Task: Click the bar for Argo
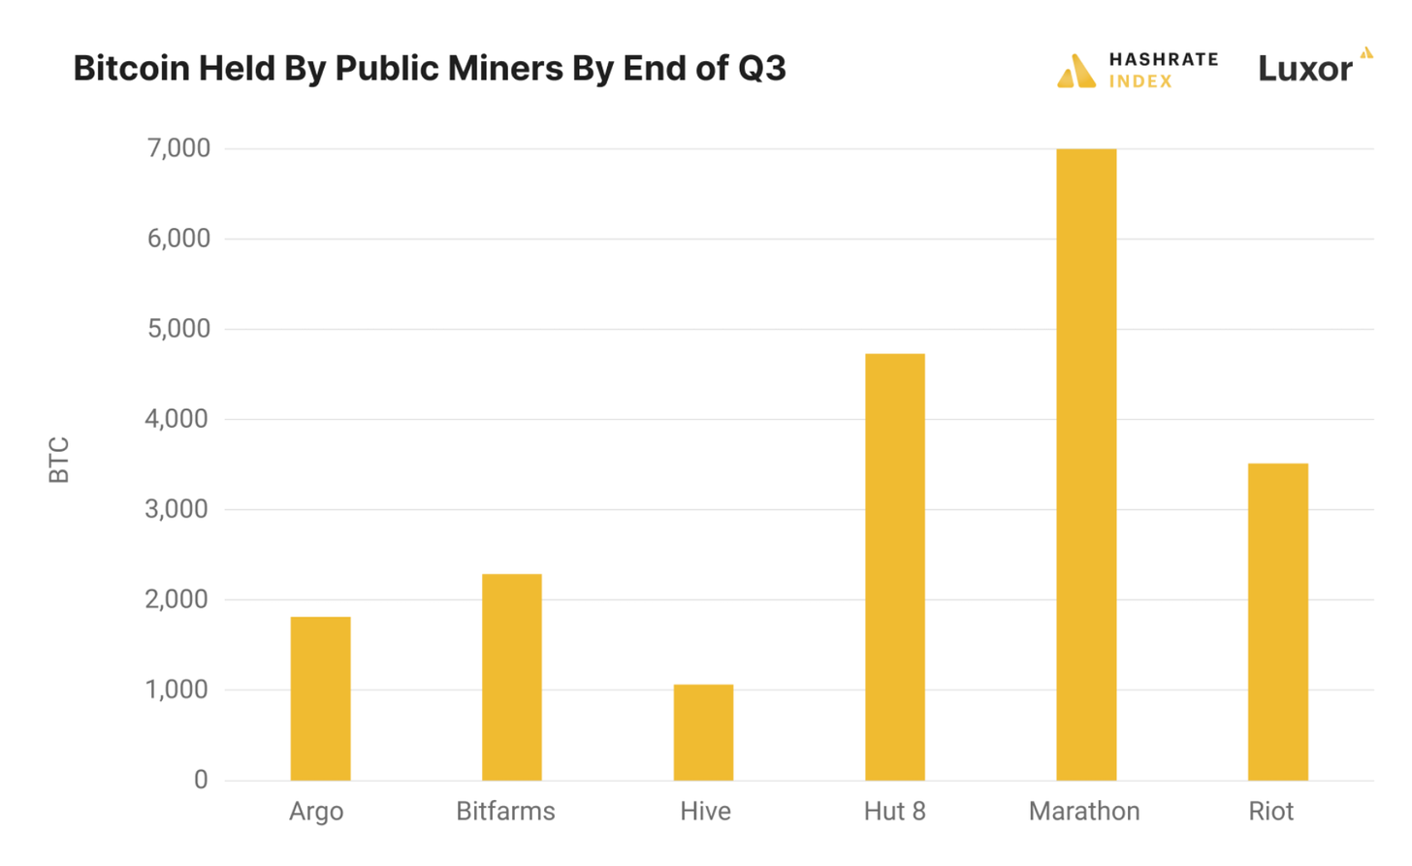pos(320,698)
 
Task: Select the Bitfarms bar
pos(511,677)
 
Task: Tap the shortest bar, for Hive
pos(703,732)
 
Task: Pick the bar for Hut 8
pos(894,567)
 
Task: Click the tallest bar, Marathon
pos(1086,465)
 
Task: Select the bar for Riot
pos(1277,622)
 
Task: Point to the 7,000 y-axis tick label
pos(178,148)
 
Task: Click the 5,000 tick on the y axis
pos(178,329)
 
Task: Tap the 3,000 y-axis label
pos(177,509)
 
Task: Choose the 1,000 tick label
pos(177,690)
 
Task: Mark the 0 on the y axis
pos(201,780)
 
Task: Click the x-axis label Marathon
pos(1084,812)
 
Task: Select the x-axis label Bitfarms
pos(505,812)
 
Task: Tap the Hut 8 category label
pos(894,812)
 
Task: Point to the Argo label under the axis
pos(316,812)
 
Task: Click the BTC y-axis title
pos(59,460)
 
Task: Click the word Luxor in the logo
pos(1304,69)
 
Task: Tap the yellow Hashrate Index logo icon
pos(1076,71)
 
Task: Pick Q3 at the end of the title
pos(761,69)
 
